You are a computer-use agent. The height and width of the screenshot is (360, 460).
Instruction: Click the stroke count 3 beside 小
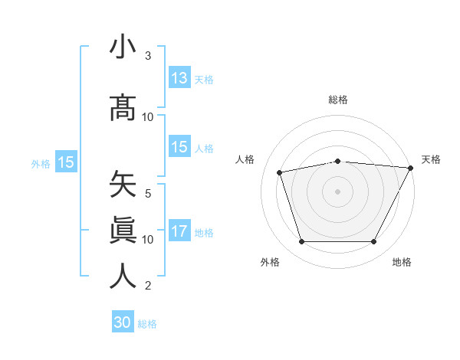(148, 56)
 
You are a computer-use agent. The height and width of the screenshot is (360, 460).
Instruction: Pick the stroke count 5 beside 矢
(148, 194)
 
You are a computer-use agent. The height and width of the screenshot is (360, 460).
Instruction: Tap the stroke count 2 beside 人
(148, 286)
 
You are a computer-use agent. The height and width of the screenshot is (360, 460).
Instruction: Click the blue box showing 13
(179, 77)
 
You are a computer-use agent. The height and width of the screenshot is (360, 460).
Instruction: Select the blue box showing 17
(179, 231)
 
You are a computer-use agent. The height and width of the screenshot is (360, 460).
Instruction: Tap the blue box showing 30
(123, 322)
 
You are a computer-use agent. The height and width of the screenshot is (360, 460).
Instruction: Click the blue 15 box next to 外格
(65, 162)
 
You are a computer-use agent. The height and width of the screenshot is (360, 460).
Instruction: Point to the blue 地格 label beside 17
(205, 233)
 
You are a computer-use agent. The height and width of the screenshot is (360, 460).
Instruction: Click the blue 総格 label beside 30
(147, 324)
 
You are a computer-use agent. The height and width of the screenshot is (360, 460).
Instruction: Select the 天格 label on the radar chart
(431, 159)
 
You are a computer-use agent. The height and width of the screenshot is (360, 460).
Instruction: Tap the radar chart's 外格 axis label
(270, 262)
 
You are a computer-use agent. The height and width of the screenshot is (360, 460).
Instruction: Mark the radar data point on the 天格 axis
(412, 169)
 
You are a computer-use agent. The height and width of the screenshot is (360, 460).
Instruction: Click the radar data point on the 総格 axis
(338, 161)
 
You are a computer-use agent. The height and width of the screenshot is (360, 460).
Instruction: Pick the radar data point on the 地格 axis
(374, 242)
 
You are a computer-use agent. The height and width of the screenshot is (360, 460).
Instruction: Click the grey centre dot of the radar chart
(338, 191)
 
